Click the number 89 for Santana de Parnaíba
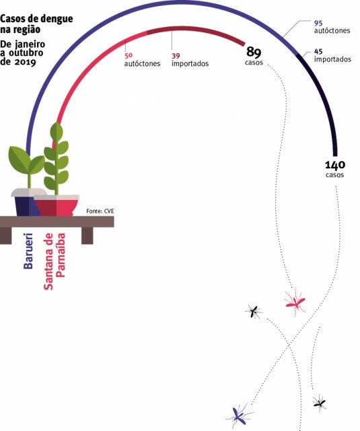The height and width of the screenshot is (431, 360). coord(254,52)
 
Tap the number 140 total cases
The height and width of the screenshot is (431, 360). coord(335,165)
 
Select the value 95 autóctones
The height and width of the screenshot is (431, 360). coord(318,23)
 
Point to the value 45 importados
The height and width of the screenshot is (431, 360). coord(318,51)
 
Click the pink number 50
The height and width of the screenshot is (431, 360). coord(129,55)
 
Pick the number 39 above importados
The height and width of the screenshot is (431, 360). coord(176,56)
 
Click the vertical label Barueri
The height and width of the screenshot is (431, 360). coord(28,251)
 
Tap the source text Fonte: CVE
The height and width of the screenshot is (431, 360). coord(100,211)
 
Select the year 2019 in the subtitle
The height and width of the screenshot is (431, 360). coord(26,61)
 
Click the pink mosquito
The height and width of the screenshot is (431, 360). coord(295,302)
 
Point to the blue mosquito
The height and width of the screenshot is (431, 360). coord(239,416)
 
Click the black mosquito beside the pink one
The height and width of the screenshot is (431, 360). coord(254,311)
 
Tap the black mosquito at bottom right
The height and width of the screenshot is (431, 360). coord(320,403)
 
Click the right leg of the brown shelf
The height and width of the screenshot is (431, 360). coord(87,236)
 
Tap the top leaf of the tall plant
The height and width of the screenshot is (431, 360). coord(57,131)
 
